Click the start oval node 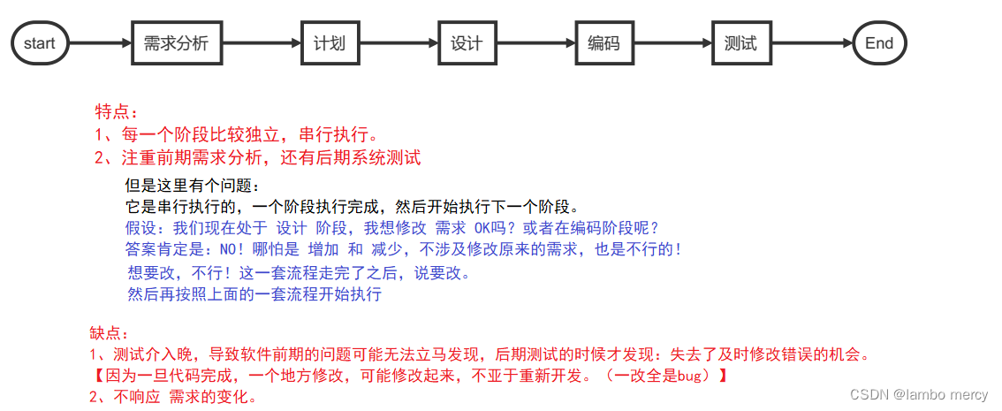(x=40, y=42)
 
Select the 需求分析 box (x=176, y=42)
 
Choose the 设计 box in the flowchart (x=466, y=42)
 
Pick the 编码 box (x=603, y=42)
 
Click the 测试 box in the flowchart (x=740, y=42)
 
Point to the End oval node (x=879, y=42)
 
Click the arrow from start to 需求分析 (x=99, y=42)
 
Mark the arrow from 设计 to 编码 (x=535, y=42)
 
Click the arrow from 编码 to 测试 (x=672, y=42)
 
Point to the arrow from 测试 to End (x=810, y=42)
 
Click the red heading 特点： (x=117, y=112)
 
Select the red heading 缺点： (x=110, y=333)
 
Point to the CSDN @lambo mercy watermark (x=919, y=395)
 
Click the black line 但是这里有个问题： (x=194, y=186)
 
